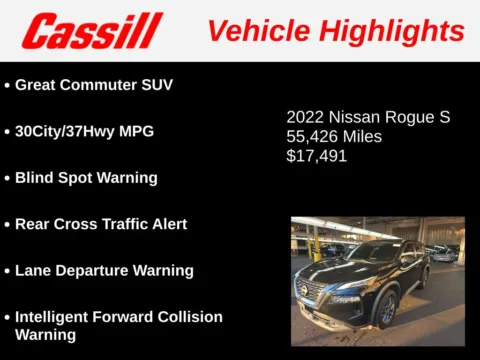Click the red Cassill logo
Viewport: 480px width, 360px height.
[92, 31]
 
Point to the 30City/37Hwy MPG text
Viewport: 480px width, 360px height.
[84, 131]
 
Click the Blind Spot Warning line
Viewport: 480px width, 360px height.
[86, 177]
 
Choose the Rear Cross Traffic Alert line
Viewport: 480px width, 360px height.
[101, 224]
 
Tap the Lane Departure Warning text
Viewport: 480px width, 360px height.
[104, 270]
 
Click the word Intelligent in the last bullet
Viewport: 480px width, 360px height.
[58, 317]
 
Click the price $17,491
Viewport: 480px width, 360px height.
[317, 156]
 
